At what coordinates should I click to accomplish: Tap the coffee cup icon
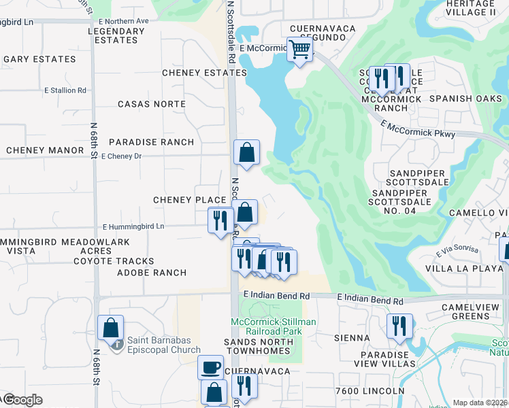click(210, 367)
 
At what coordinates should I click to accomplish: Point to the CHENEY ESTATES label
click(204, 73)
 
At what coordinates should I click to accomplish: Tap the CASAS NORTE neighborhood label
click(151, 104)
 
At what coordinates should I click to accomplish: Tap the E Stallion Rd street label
click(65, 90)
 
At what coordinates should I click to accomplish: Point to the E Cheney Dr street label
click(120, 156)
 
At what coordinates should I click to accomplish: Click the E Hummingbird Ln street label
click(133, 226)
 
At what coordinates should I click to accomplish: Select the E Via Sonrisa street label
click(457, 252)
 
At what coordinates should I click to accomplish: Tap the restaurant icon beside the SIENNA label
click(399, 326)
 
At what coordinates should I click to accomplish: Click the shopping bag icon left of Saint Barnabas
click(110, 327)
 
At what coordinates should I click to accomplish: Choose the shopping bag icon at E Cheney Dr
click(246, 152)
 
